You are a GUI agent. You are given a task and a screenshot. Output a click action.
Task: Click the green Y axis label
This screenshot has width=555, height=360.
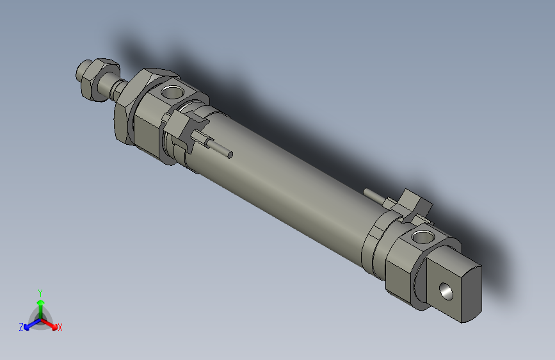point(40,291)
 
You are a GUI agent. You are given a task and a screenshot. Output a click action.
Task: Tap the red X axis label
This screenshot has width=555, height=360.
point(60,328)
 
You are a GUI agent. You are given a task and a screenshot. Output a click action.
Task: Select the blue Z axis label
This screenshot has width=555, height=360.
point(21,327)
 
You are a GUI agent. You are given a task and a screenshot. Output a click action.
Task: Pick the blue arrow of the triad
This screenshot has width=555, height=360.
point(29,324)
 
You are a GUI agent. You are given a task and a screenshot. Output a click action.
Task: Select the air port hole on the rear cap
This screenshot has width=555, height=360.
point(421,239)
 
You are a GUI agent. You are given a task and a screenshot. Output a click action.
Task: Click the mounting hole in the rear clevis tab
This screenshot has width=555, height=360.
point(446,292)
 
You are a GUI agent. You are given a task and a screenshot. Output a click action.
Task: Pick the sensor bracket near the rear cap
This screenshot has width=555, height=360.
point(413,206)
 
